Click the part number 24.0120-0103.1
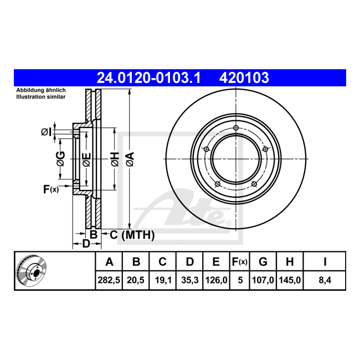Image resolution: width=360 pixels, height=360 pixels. click(149, 78)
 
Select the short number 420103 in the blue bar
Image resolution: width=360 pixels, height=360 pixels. click(244, 78)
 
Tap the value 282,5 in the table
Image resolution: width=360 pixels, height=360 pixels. click(109, 280)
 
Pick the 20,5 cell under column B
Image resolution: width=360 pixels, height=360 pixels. click(136, 280)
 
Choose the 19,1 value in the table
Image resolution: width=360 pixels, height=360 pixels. click(162, 280)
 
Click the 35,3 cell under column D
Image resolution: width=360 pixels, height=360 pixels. click(189, 280)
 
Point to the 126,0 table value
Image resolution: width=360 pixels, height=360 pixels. click(216, 280)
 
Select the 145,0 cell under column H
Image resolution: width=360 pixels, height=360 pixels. click(290, 280)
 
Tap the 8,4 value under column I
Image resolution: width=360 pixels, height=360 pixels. click(325, 280)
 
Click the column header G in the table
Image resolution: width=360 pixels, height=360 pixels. click(263, 261)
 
